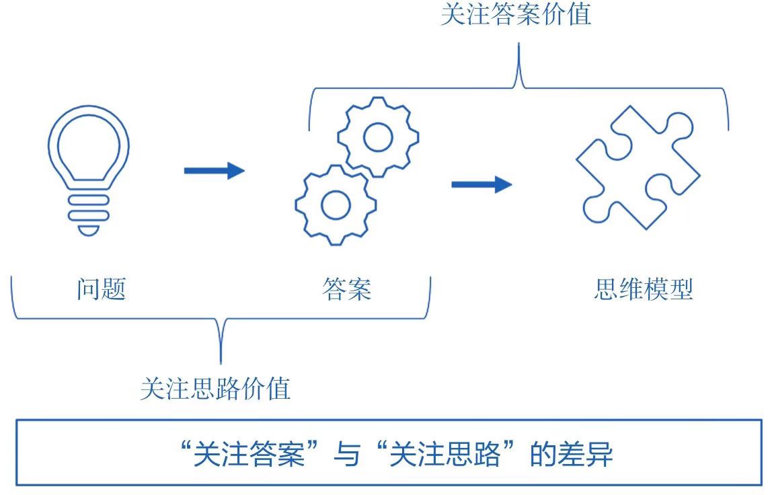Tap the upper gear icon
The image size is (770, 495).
[x=377, y=137]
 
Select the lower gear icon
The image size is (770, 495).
[x=335, y=204]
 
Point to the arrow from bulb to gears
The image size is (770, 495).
[x=214, y=170]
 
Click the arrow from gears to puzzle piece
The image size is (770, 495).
[x=481, y=184]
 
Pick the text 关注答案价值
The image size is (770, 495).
[x=516, y=15]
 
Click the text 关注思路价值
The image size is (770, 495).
[x=215, y=389]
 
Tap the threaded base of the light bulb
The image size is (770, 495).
[x=88, y=210]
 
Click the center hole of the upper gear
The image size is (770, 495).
[x=377, y=137]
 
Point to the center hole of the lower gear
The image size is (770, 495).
[x=335, y=204]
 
